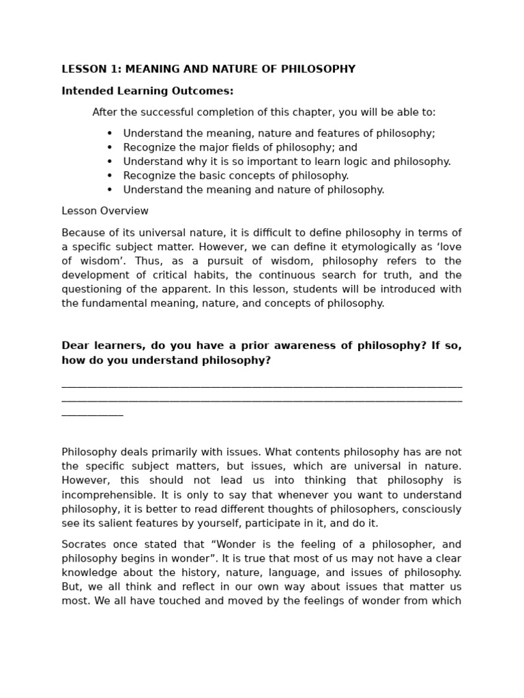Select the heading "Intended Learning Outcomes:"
(147, 91)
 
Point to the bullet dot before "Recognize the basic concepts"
(110, 176)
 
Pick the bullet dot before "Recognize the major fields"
(110, 147)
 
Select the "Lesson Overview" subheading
(105, 211)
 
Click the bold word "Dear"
(75, 346)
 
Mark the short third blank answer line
(92, 414)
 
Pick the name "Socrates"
(85, 544)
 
